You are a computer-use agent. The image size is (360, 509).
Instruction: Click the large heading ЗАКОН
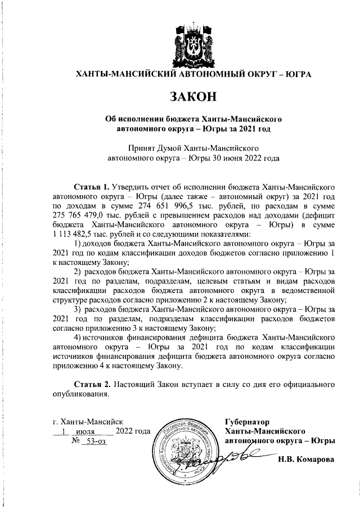click(x=193, y=96)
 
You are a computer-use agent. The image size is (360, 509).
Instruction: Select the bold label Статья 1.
click(x=92, y=185)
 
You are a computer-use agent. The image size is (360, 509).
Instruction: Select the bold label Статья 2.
click(x=92, y=384)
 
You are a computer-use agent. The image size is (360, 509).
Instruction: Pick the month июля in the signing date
click(x=84, y=431)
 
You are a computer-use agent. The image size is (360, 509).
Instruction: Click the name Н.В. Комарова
click(x=306, y=459)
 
